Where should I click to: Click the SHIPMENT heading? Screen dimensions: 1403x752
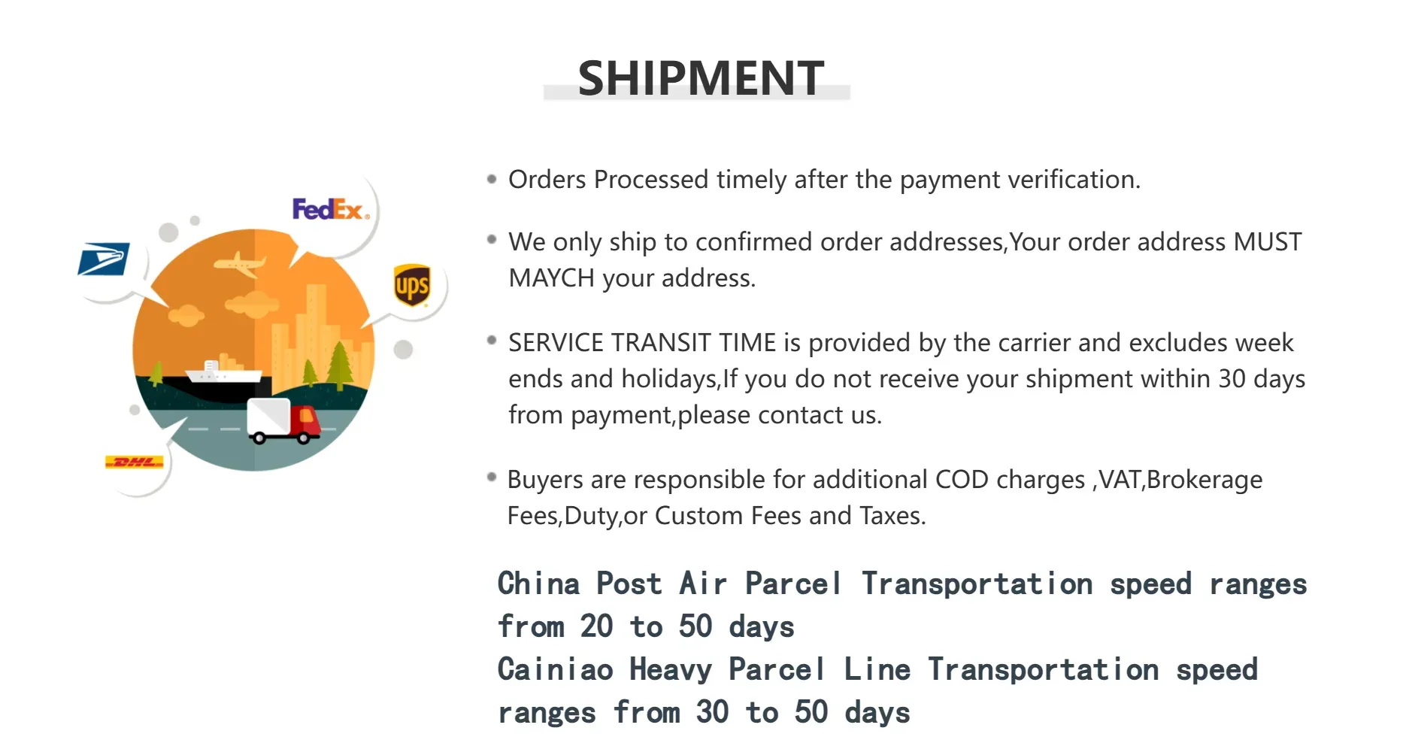point(701,78)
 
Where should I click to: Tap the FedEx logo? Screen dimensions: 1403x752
point(331,209)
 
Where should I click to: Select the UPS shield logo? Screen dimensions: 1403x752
point(412,285)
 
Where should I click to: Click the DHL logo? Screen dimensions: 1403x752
point(135,462)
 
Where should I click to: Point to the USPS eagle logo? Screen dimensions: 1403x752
point(104,259)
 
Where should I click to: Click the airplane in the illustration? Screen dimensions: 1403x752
point(240,264)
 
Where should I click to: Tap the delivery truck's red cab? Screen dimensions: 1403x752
point(305,423)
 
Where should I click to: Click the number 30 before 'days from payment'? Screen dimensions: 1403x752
point(1232,378)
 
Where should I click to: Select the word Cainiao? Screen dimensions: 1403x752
point(556,670)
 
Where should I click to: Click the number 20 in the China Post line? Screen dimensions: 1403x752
point(597,626)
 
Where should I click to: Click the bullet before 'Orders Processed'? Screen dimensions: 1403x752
point(492,179)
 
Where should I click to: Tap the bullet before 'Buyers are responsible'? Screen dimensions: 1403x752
point(492,477)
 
